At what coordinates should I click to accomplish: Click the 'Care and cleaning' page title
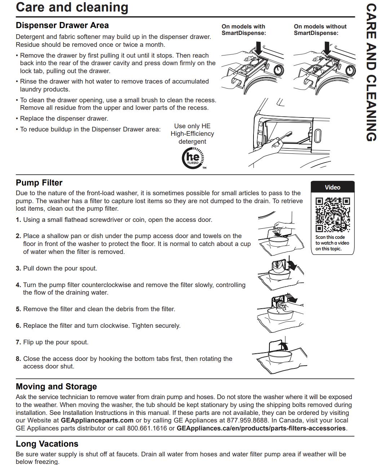[72, 8]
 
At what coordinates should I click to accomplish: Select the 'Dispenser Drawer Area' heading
[62, 26]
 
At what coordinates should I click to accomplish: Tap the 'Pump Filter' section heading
[39, 183]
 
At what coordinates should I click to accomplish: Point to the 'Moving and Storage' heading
[56, 386]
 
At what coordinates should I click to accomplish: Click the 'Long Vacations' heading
[47, 444]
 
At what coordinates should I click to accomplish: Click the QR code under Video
[332, 214]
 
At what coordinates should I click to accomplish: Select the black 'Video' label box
[332, 187]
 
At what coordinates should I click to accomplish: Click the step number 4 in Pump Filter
[18, 285]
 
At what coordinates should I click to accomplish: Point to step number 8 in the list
[18, 359]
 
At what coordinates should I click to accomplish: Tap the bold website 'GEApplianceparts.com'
[97, 420]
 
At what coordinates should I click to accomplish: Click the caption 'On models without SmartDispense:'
[320, 30]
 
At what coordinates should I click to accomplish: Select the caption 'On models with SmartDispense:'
[244, 30]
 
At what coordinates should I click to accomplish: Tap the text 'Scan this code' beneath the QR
[330, 237]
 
